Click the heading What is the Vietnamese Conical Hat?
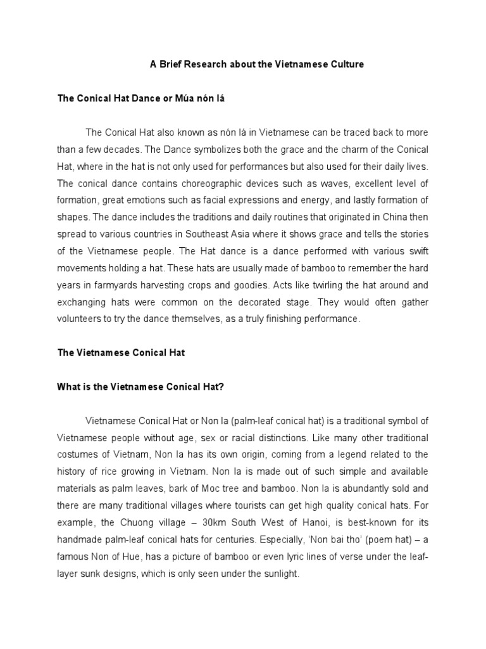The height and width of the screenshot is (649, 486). coord(140,387)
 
